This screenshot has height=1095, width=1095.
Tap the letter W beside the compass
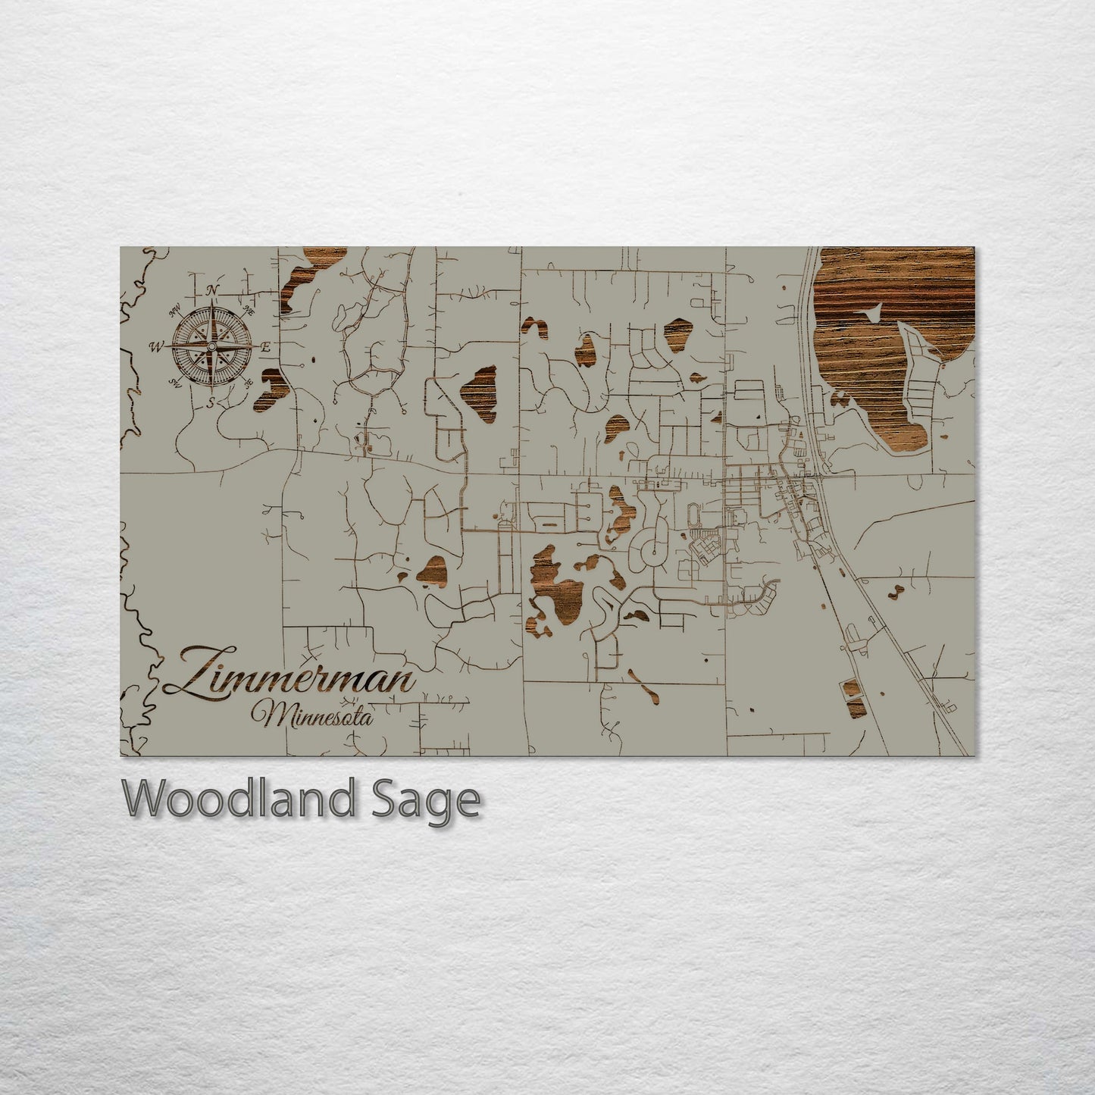tap(156, 347)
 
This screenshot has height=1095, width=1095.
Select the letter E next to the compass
tap(266, 347)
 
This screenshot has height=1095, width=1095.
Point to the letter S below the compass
tap(211, 402)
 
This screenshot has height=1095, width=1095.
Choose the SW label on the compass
tap(175, 382)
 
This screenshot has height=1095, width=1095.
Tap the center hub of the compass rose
tap(212, 346)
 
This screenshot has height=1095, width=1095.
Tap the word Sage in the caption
tap(424, 799)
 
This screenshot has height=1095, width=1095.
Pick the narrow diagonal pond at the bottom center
tap(643, 684)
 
